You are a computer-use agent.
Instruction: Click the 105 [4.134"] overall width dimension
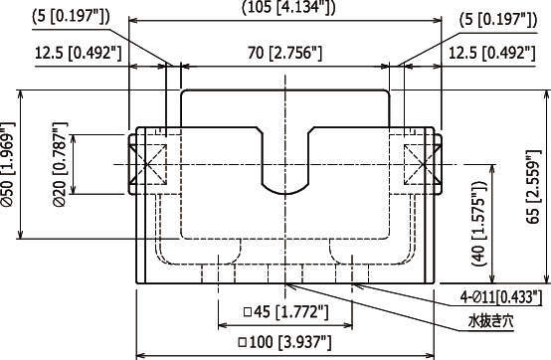tap(288, 7)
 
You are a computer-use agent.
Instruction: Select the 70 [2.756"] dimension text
tap(285, 53)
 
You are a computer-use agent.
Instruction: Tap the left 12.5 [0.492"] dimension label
tap(78, 53)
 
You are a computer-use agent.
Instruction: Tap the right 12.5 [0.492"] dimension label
tap(492, 53)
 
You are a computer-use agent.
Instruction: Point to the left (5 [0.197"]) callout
tap(71, 17)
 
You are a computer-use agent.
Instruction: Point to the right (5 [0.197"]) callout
tap(498, 20)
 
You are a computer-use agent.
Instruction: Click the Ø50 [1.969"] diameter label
tap(8, 164)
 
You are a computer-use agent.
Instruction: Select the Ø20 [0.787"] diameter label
tap(59, 164)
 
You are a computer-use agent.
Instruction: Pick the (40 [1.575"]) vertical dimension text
tap(479, 224)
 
